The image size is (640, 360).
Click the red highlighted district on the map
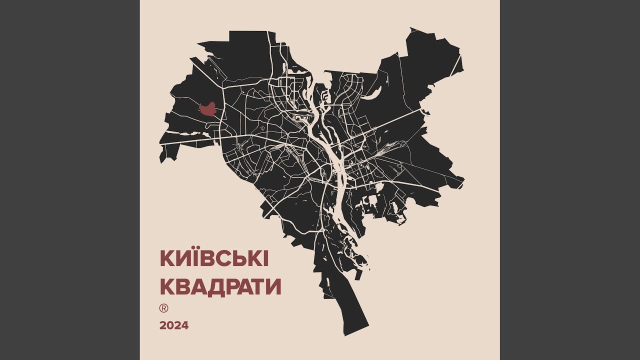[x=207, y=109]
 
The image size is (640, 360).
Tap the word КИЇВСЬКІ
[x=214, y=258]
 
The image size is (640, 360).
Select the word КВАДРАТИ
[x=220, y=287]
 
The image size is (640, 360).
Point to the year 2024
[x=174, y=325]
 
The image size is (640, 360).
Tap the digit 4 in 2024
[x=184, y=325]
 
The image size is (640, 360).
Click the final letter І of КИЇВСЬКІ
[x=265, y=259]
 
